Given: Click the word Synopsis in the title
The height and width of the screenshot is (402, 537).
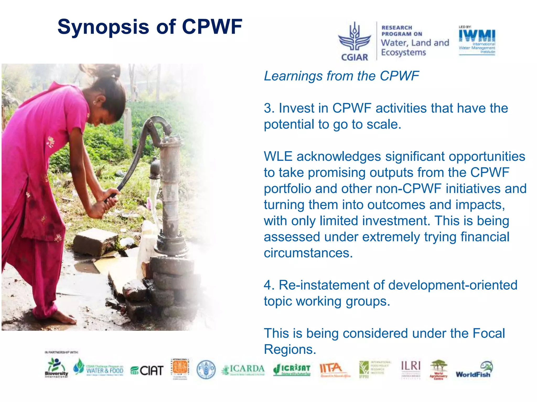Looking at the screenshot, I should [103, 27].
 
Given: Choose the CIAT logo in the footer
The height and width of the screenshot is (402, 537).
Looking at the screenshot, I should [147, 370].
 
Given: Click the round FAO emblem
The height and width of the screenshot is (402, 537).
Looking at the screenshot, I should [206, 369].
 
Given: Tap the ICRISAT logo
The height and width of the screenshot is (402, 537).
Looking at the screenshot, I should [292, 370].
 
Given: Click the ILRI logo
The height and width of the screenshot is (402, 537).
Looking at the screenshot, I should [411, 366].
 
